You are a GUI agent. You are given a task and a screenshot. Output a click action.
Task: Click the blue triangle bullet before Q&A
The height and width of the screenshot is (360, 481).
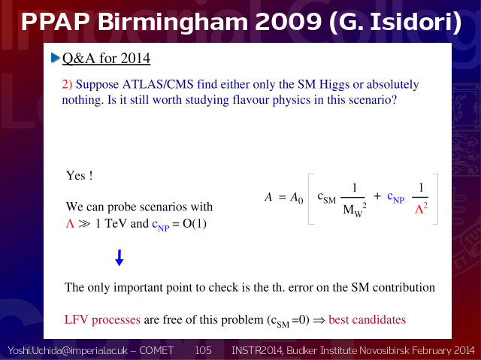pyautogui.click(x=55, y=58)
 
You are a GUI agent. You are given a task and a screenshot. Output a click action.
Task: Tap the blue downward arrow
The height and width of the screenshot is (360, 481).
pyautogui.click(x=119, y=258)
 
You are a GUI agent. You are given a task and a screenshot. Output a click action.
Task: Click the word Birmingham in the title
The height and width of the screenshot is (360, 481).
pyautogui.click(x=173, y=22)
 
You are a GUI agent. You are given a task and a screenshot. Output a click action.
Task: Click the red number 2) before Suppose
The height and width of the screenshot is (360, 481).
pyautogui.click(x=67, y=84)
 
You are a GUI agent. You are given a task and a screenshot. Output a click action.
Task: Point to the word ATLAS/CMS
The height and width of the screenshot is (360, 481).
pyautogui.click(x=158, y=84)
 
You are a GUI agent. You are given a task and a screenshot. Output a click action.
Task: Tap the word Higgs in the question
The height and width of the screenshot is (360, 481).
pyautogui.click(x=334, y=85)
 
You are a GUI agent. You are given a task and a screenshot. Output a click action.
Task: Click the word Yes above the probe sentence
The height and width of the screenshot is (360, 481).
pyautogui.click(x=76, y=176)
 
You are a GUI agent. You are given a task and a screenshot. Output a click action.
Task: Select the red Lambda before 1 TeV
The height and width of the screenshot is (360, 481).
pyautogui.click(x=70, y=223)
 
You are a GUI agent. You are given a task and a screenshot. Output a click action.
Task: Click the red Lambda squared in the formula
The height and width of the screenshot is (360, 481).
pyautogui.click(x=421, y=209)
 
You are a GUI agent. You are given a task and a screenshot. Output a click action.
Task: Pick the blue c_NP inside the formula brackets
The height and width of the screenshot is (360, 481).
pyautogui.click(x=396, y=197)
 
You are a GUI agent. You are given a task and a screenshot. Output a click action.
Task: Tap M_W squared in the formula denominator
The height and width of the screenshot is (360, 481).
pyautogui.click(x=355, y=210)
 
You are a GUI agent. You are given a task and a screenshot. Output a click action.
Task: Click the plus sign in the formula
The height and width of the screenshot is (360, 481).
pyautogui.click(x=377, y=196)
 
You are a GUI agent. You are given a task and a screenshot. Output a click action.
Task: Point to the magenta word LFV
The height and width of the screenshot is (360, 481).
pyautogui.click(x=76, y=319)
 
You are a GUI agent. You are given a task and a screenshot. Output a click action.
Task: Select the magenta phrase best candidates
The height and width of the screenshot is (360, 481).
pyautogui.click(x=368, y=319)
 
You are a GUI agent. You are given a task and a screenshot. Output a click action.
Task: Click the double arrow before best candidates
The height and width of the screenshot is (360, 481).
pyautogui.click(x=319, y=320)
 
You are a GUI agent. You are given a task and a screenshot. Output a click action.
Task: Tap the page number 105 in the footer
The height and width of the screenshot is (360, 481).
pyautogui.click(x=203, y=350)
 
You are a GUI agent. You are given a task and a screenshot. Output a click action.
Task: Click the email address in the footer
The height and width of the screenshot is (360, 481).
pyautogui.click(x=68, y=350)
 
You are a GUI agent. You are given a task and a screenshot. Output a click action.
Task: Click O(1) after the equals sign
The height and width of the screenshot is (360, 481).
pyautogui.click(x=195, y=224)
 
